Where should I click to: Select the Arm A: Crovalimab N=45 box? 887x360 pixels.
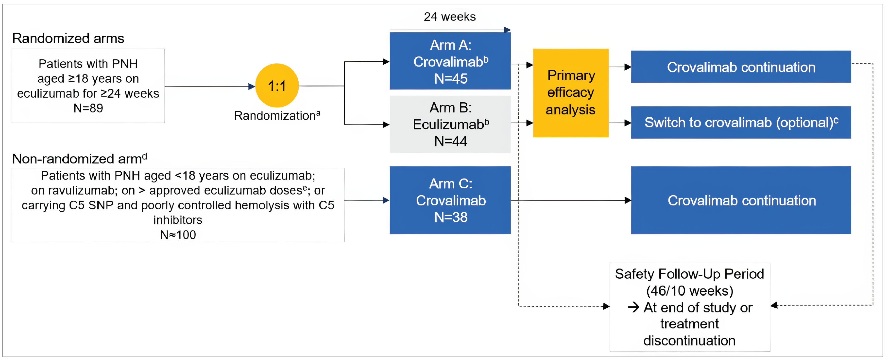450,61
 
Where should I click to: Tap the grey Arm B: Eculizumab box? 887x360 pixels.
450,124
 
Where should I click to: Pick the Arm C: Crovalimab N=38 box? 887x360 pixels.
450,200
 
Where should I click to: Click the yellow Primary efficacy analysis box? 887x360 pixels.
571,93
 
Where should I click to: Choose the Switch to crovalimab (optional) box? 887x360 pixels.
741,122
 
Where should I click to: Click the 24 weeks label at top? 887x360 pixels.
449,17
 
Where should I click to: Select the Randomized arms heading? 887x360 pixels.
68,38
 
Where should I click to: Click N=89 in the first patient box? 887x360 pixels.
88,108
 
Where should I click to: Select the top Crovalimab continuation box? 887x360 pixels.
741,67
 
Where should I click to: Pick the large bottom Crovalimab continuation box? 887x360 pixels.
741,200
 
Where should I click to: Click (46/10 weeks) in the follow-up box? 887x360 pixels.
689,291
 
